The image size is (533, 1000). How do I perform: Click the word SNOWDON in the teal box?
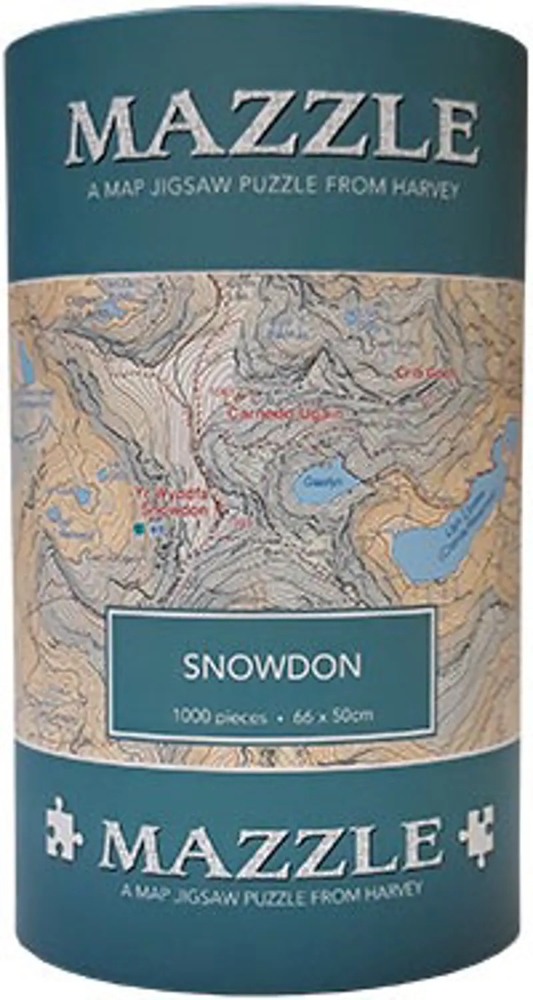[271, 667]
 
